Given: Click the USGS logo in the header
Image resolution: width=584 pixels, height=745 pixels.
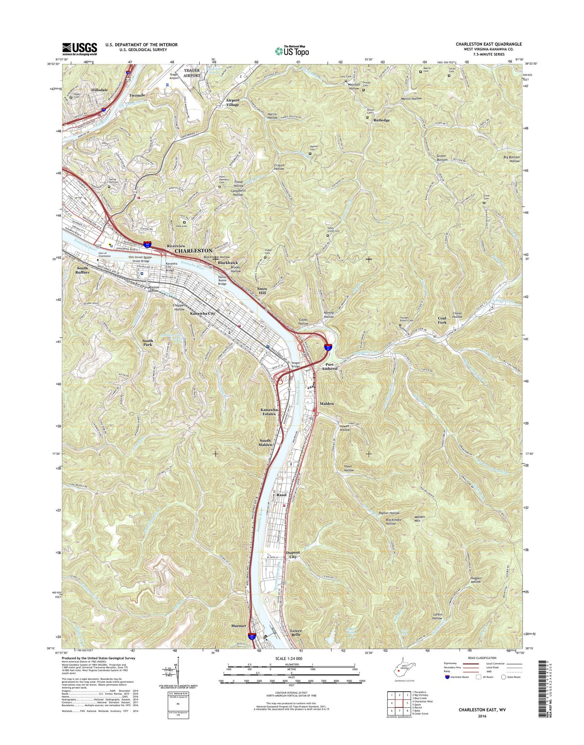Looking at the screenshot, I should coord(79,49).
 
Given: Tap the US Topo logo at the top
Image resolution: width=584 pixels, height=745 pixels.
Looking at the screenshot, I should coord(292,51).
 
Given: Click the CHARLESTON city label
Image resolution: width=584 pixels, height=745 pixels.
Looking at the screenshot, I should coord(193,251).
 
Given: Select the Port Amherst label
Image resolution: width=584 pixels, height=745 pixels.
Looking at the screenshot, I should coord(329,366).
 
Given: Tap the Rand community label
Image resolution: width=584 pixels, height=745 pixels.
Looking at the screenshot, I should coord(281,495).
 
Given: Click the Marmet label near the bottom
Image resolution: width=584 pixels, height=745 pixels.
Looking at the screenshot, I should coord(238,626).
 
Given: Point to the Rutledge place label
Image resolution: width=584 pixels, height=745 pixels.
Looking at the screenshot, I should coord(382,120).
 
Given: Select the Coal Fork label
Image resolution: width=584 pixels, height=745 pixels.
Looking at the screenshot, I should coord(442,320).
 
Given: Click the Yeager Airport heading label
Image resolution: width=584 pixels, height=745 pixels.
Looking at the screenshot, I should coord(192,73).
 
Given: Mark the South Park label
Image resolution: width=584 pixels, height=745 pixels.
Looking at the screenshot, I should coord(148,343).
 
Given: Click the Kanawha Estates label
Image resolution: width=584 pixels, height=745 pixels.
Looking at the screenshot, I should coord(269,412).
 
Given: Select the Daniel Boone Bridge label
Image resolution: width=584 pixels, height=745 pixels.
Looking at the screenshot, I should coord(223,280).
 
